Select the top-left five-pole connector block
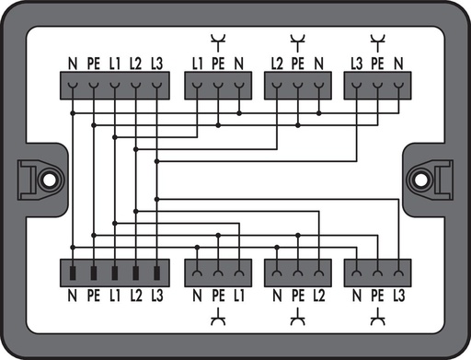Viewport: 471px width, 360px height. (x=115, y=87)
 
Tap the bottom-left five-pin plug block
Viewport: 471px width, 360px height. (x=115, y=273)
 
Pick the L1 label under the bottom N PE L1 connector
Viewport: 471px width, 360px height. (x=239, y=296)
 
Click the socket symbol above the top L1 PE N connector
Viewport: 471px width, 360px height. (x=218, y=41)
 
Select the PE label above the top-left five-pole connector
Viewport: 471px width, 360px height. (x=92, y=64)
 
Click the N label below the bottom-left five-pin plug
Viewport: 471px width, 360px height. (x=72, y=296)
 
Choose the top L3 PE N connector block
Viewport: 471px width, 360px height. (x=377, y=87)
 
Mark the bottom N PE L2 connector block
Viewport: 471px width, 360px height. (x=297, y=273)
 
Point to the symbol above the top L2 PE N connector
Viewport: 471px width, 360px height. (x=297, y=41)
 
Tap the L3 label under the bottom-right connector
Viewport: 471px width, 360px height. (x=398, y=296)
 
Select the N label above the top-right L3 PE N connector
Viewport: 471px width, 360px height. (x=398, y=64)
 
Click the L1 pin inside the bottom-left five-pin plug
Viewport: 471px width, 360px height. (x=114, y=273)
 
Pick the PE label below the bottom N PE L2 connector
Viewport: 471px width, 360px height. (x=297, y=296)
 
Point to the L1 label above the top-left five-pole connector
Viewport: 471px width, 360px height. (x=114, y=64)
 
